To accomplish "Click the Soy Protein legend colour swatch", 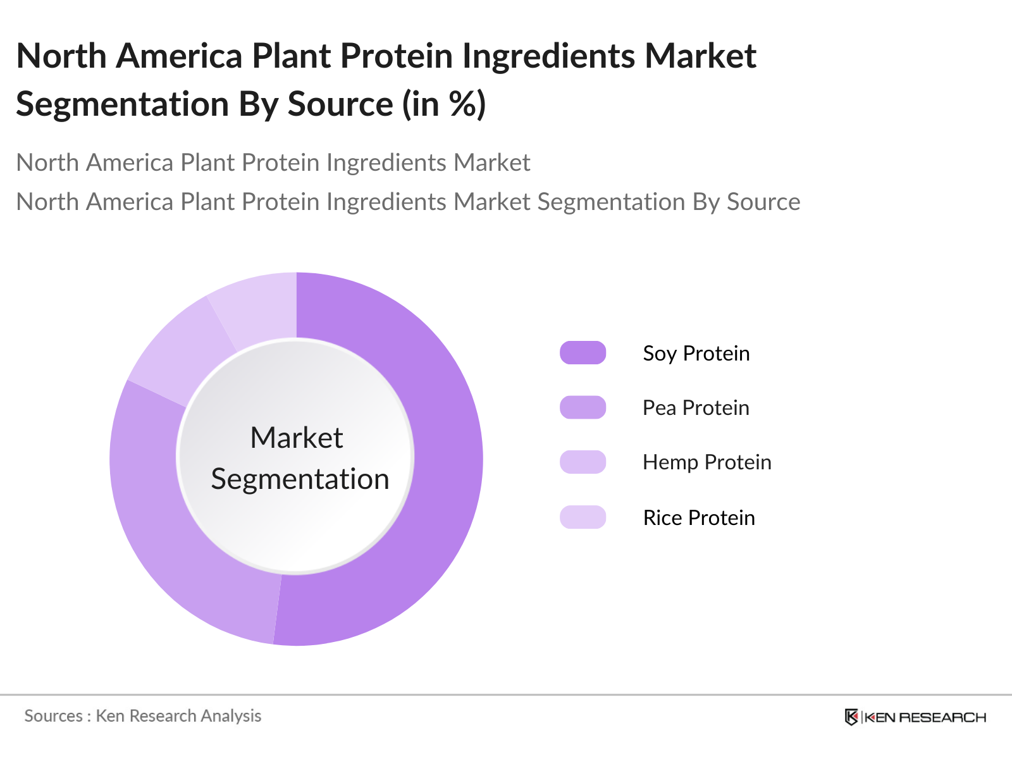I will click(583, 353).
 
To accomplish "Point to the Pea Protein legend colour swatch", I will click(583, 407).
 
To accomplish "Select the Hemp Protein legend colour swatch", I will click(583, 462).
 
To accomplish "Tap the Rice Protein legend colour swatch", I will click(583, 517).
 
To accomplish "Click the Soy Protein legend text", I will click(696, 353).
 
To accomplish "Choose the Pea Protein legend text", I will click(696, 407).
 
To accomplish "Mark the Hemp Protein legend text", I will click(707, 462).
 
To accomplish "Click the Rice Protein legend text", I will click(698, 517).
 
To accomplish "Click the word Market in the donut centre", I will click(296, 438).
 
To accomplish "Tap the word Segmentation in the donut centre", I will click(300, 479).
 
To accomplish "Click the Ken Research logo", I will click(915, 717).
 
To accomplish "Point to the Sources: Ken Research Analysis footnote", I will click(142, 716).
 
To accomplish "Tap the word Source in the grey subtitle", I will click(763, 202).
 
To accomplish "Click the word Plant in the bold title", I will click(291, 56).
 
